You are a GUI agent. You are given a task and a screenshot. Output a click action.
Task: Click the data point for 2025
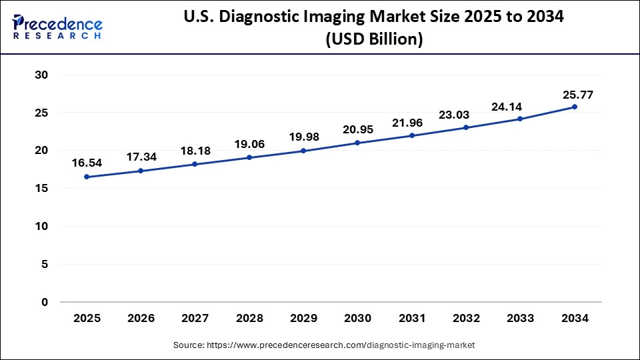[87, 177]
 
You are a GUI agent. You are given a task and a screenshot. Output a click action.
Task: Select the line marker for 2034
[575, 107]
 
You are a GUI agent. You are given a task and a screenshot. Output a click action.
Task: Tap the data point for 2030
[357, 143]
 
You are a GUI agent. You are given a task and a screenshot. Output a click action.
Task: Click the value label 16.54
[87, 162]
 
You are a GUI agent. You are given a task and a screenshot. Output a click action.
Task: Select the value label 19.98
[303, 137]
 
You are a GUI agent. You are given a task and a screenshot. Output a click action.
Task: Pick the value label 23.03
[466, 114]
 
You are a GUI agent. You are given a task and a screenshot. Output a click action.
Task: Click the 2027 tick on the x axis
[195, 319]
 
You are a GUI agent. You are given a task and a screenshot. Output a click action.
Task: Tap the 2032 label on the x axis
[466, 319]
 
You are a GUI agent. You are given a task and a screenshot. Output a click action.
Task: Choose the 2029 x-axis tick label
[303, 319]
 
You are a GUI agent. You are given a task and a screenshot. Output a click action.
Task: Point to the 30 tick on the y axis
[41, 75]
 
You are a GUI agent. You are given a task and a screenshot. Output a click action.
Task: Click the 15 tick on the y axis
[41, 189]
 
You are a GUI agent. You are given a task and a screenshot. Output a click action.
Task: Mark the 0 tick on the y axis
[44, 302]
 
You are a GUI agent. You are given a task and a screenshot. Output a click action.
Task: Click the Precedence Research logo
[57, 27]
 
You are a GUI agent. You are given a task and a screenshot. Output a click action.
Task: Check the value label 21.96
[412, 122]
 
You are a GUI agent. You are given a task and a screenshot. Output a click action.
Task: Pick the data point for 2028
[249, 157]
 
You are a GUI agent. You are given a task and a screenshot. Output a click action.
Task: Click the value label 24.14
[520, 105]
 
